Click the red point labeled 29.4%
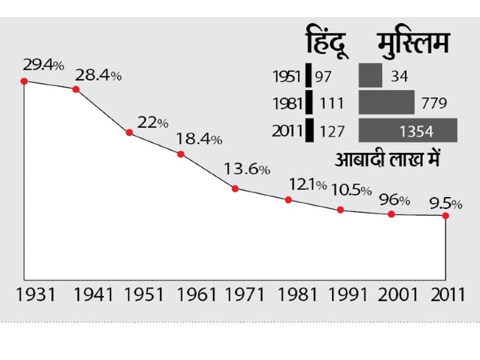tap(24, 81)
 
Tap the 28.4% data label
tap(98, 75)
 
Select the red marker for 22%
tap(129, 133)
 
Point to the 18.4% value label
tap(199, 139)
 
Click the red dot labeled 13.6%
tap(235, 189)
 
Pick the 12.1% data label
tap(307, 185)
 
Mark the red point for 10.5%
tap(341, 210)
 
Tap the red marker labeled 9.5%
tap(446, 215)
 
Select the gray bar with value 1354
tap(408, 130)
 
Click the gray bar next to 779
tap(386, 103)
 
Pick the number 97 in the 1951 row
tap(324, 77)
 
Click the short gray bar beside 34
tap(370, 76)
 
